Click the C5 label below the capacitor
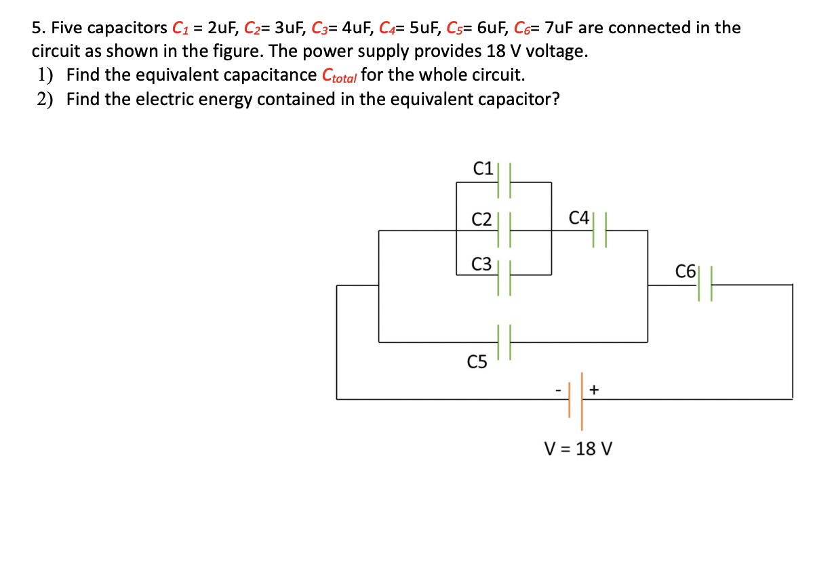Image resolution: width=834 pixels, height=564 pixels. [477, 363]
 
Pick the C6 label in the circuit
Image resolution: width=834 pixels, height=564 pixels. [686, 273]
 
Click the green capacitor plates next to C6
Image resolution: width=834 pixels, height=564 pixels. [706, 285]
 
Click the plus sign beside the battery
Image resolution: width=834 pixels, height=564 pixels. [594, 390]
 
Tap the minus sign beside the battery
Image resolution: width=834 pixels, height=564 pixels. [558, 390]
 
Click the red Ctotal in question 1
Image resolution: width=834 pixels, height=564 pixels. [339, 75]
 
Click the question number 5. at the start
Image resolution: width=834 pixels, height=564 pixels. [39, 28]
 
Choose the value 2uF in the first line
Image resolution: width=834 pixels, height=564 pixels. [223, 28]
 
